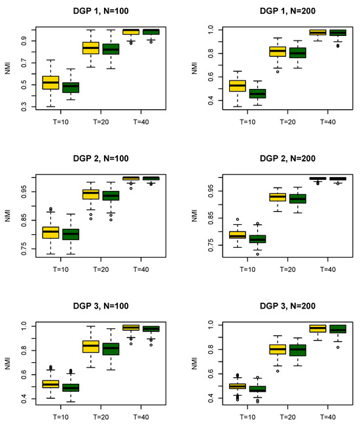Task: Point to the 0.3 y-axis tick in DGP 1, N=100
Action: point(24,107)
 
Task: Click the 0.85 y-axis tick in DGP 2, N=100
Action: point(24,220)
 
